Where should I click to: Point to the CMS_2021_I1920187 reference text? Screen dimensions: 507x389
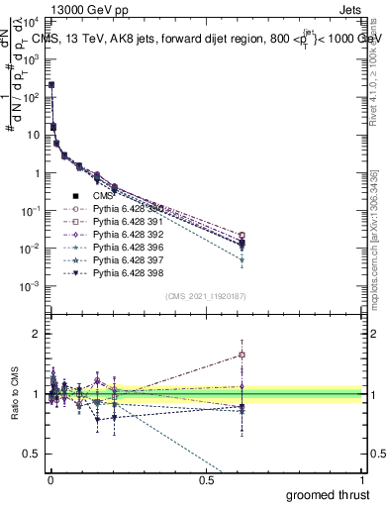pyautogui.click(x=206, y=295)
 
